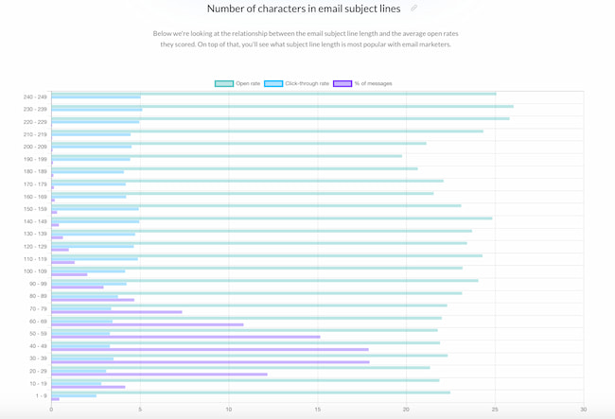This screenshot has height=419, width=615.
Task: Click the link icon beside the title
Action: pyautogui.click(x=413, y=9)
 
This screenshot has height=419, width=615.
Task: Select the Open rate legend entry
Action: pyautogui.click(x=237, y=83)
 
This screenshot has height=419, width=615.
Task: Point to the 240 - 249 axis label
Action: pyautogui.click(x=34, y=96)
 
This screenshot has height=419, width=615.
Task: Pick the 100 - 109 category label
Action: pyautogui.click(x=34, y=271)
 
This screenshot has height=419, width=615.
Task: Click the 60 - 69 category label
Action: pyautogui.click(x=37, y=321)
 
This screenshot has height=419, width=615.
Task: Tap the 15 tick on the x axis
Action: pyautogui.click(x=317, y=410)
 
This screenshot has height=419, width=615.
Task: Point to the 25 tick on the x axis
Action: pyautogui.click(x=495, y=410)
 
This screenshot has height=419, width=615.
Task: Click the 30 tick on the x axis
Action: pyautogui.click(x=583, y=410)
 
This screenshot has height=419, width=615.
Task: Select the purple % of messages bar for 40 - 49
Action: pyautogui.click(x=209, y=349)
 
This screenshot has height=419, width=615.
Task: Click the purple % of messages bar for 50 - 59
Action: pyautogui.click(x=185, y=337)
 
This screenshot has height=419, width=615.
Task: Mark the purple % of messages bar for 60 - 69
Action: pyautogui.click(x=147, y=324)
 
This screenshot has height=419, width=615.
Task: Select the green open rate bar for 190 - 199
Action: pyautogui.click(x=226, y=155)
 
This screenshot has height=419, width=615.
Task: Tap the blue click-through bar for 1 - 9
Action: pyautogui.click(x=74, y=395)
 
